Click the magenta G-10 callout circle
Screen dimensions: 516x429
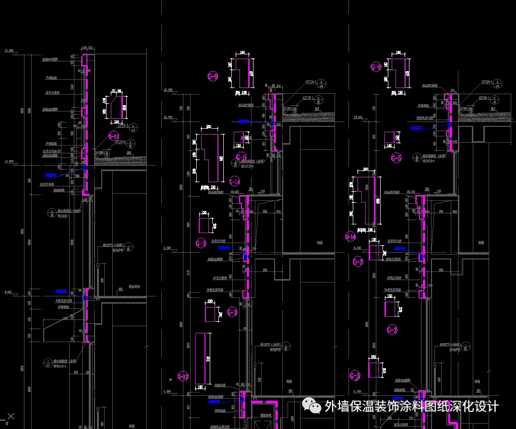coord(114,136)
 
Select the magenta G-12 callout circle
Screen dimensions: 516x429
coord(183,377)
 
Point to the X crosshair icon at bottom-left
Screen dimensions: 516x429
coord(11,417)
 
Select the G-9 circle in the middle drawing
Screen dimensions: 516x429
coord(213,76)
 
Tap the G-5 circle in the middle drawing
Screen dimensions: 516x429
coord(241,158)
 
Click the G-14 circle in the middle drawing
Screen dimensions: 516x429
coord(234,181)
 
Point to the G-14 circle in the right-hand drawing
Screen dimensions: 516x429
coord(351,236)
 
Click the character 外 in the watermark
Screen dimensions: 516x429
coord(331,406)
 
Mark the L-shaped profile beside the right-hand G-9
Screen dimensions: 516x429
coord(400,73)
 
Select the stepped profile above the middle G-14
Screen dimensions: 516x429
coord(209,158)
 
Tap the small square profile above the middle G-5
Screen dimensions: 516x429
coord(239,137)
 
